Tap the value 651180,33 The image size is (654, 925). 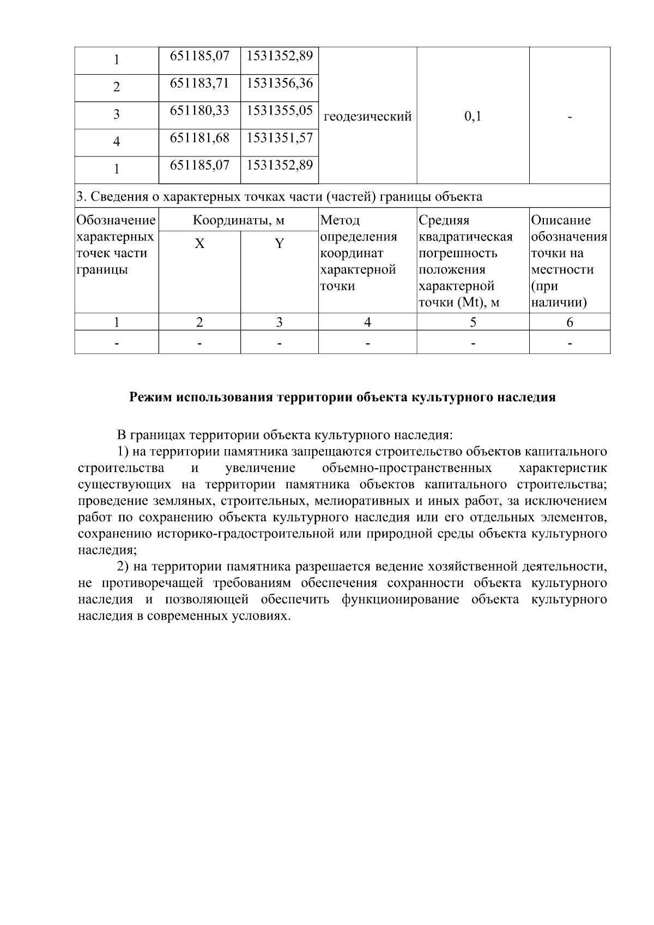[199, 111]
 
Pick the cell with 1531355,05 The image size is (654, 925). [280, 111]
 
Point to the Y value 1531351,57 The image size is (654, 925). [280, 138]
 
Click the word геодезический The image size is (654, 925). [367, 116]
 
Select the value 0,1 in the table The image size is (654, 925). [473, 116]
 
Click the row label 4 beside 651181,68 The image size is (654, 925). [117, 142]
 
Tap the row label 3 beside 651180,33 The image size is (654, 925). [117, 115]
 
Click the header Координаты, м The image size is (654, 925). [238, 221]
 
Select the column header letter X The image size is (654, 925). [199, 244]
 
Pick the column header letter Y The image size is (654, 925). [279, 244]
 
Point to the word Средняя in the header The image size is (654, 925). [444, 221]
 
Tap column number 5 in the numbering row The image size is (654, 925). [473, 323]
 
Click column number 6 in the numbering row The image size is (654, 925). [569, 323]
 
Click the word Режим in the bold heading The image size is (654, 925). [150, 397]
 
